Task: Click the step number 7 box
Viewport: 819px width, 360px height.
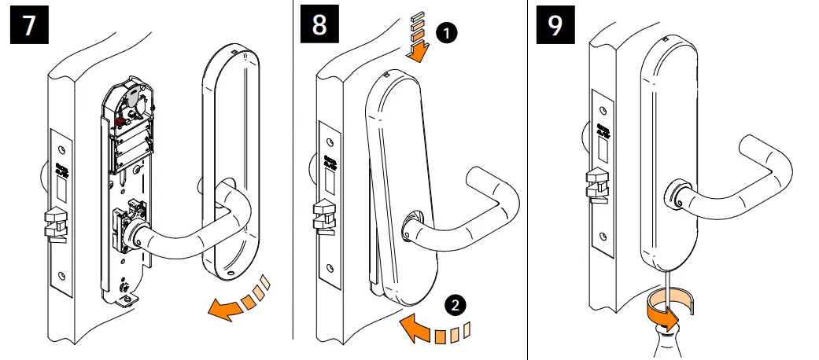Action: (x=29, y=25)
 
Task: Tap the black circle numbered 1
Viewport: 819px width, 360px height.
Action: (x=445, y=33)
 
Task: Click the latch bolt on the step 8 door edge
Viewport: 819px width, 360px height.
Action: (x=325, y=217)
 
